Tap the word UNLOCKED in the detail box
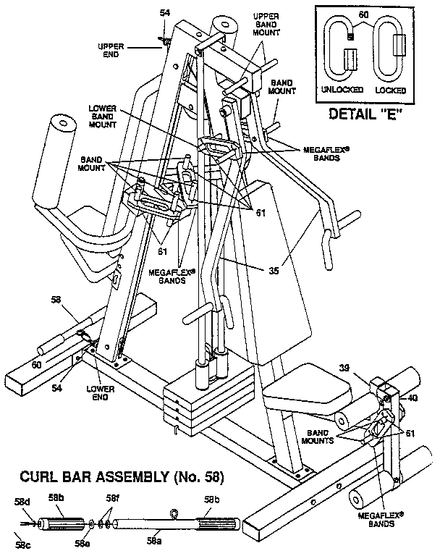339,90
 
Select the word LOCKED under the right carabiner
391,90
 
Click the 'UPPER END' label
112,49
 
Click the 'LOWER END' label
101,393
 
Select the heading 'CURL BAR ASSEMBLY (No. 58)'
122,477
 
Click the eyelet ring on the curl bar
173,514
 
